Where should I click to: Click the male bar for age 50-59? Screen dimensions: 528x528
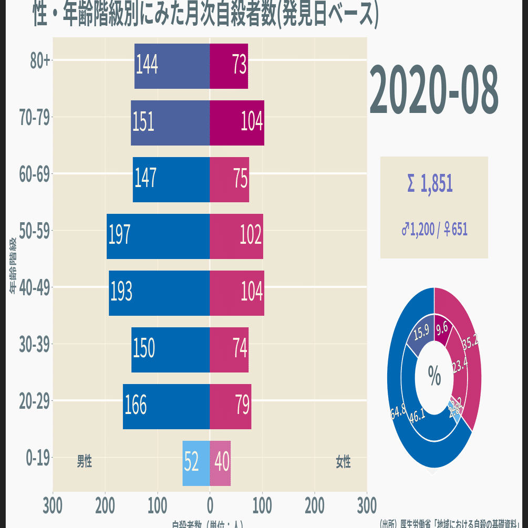point(158,236)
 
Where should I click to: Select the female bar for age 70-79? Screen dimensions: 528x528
point(236,122)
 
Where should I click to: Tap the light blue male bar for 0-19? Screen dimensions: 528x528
point(196,463)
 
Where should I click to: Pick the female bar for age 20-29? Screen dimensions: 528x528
point(230,407)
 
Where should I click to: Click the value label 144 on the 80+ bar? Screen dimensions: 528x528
point(147,65)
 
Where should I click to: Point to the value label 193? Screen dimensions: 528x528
point(121,292)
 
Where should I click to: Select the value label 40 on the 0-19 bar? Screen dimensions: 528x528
point(222,462)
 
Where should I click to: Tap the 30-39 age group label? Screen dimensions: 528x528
point(35,345)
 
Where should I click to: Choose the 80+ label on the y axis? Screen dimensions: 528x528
point(40,61)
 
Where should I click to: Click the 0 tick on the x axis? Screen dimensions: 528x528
point(210,506)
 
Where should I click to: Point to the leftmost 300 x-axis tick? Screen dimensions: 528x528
point(53,506)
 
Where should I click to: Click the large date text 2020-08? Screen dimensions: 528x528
point(434,90)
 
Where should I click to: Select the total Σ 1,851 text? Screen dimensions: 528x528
point(430,183)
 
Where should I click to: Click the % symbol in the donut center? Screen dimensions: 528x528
point(434,375)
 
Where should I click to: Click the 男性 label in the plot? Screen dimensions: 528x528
point(85,461)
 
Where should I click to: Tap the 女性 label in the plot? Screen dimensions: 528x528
point(343,462)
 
